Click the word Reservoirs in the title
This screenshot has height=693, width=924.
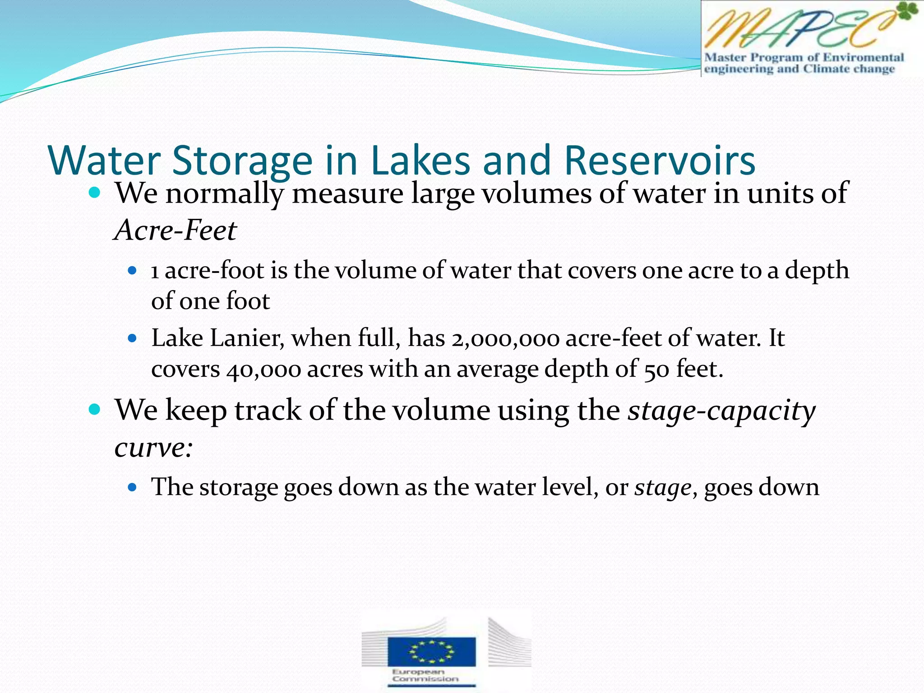(x=660, y=161)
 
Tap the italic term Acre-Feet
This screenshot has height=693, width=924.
(x=176, y=230)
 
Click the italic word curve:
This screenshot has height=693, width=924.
(x=154, y=448)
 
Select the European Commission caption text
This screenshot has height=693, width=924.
(x=425, y=675)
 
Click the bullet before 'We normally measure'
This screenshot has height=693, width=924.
(x=95, y=193)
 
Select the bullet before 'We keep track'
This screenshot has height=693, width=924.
(x=95, y=410)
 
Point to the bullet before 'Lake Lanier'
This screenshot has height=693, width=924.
(x=132, y=338)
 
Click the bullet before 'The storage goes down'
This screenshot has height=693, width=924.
(x=132, y=487)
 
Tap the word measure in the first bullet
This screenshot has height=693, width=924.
(x=347, y=194)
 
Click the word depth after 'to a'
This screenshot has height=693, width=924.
(x=817, y=271)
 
